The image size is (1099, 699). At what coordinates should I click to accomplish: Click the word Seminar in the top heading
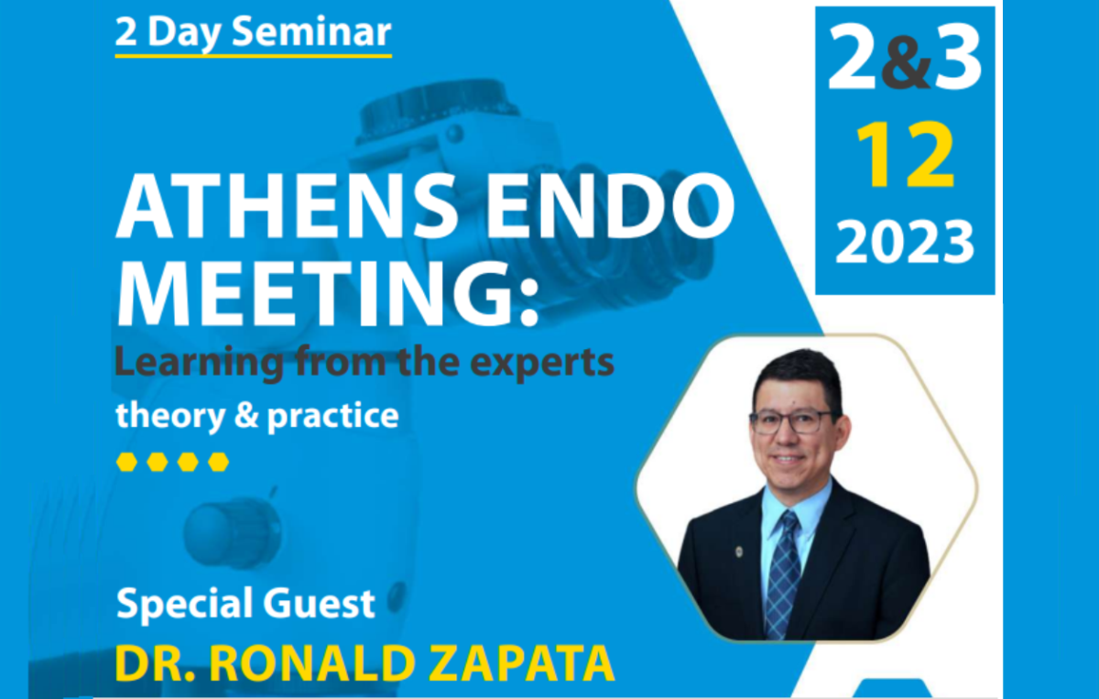(311, 32)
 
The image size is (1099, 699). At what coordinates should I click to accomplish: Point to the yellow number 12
(906, 155)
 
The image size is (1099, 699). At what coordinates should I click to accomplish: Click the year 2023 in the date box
(905, 242)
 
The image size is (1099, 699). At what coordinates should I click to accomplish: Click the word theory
(170, 416)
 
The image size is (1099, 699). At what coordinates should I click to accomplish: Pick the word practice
(332, 416)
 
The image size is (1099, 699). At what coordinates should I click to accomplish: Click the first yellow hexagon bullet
(126, 462)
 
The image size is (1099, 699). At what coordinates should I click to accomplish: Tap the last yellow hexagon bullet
(218, 462)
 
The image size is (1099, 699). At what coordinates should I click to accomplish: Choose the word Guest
(319, 604)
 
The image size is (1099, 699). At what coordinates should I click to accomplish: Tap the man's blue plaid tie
(784, 574)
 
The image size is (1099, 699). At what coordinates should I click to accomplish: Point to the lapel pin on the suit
(739, 552)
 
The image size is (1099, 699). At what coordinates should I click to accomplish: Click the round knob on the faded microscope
(231, 531)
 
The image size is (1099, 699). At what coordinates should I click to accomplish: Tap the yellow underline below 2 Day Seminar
(253, 56)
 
